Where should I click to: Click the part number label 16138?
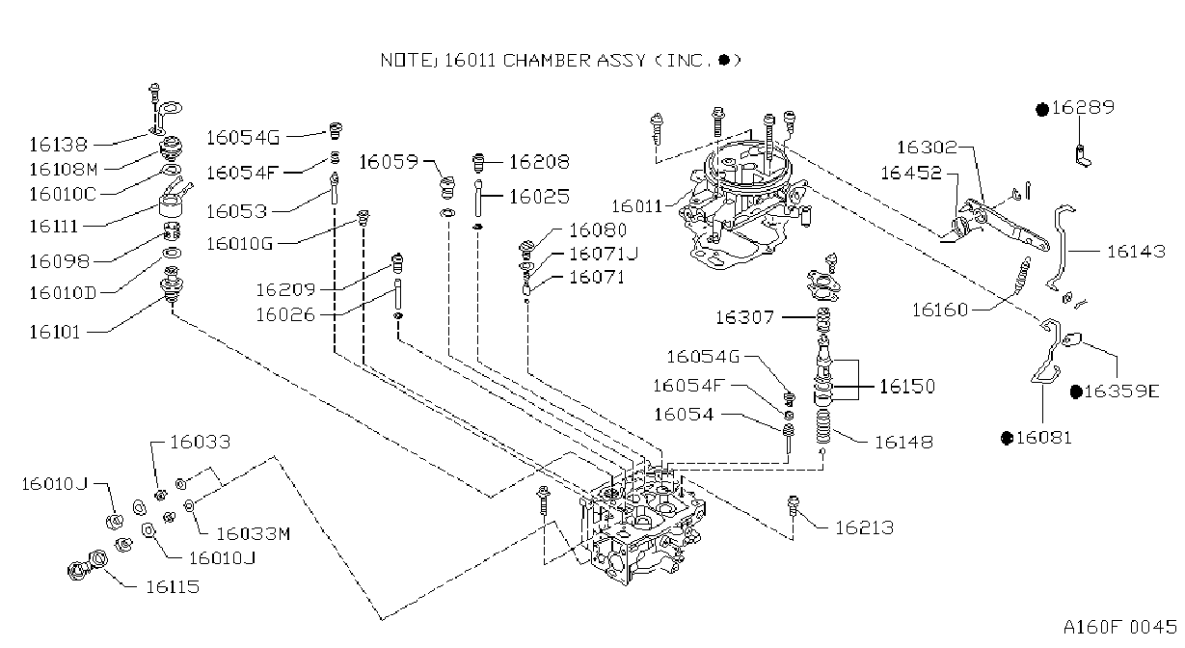[58, 145]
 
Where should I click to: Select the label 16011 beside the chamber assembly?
[637, 205]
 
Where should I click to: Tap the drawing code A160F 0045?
[1120, 627]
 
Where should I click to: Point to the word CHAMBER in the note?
[547, 61]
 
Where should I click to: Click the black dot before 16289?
[1042, 110]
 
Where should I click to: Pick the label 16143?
[1136, 252]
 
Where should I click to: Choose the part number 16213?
[865, 527]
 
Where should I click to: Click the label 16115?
[173, 586]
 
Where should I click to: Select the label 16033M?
[254, 533]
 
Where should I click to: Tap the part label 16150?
[907, 386]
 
